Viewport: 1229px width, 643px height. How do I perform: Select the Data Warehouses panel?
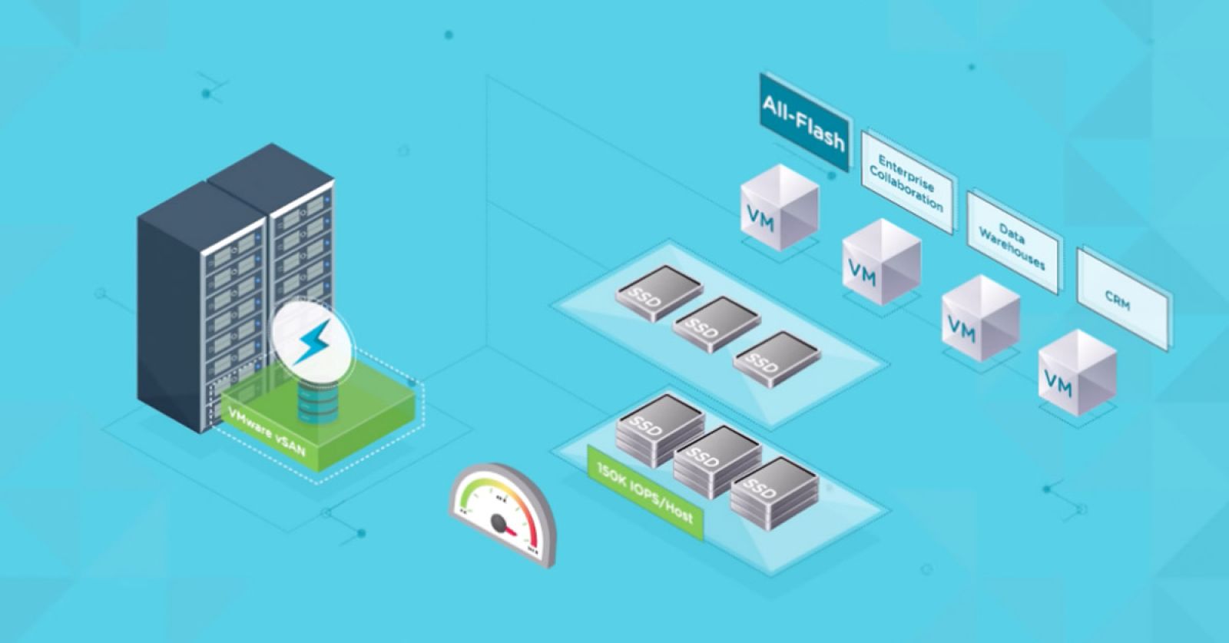[1012, 242]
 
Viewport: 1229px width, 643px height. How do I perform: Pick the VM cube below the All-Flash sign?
[779, 207]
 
